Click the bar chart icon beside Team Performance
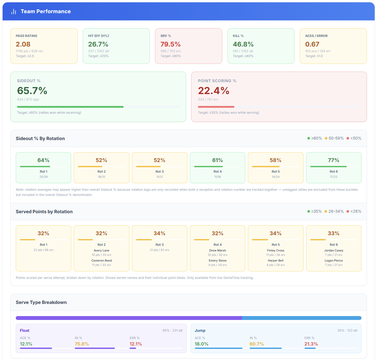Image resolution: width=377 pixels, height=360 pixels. [x=14, y=12]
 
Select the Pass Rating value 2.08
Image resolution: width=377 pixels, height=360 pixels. [x=23, y=44]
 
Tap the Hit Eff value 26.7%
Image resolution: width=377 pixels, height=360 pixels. [x=98, y=44]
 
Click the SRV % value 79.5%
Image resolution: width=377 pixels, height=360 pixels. [x=170, y=44]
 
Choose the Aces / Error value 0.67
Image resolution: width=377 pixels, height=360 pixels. [x=312, y=44]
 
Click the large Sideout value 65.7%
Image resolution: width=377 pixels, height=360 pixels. [x=32, y=91]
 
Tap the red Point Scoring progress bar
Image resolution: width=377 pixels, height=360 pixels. [x=216, y=107]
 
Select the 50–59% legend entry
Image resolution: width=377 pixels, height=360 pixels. [x=334, y=138]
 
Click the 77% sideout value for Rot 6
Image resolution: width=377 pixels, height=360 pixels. [x=333, y=160]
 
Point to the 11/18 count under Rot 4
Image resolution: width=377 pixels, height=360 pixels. [x=217, y=177]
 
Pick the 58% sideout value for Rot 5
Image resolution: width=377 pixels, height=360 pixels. [x=275, y=160]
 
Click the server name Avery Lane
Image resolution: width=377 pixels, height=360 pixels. [x=101, y=250]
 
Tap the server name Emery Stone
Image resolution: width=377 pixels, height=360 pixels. [x=217, y=261]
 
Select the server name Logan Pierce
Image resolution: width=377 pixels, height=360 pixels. [x=334, y=261]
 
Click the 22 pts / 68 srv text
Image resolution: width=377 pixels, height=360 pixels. [x=43, y=250]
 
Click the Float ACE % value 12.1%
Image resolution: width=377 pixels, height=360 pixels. [x=26, y=344]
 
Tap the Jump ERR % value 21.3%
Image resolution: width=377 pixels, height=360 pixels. [x=311, y=344]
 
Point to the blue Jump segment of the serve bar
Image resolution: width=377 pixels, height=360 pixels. [x=301, y=318]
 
